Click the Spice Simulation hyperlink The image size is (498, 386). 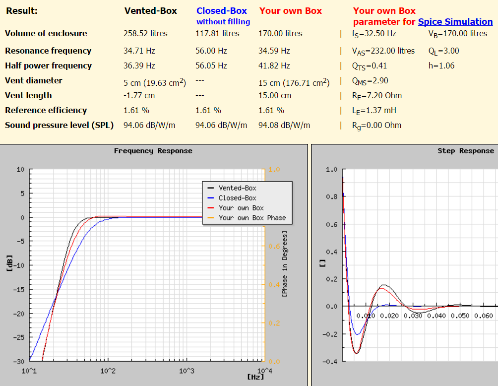[455, 22]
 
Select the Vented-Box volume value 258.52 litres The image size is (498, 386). [145, 33]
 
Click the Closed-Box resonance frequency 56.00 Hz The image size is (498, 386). [211, 51]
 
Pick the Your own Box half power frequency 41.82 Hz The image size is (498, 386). [274, 66]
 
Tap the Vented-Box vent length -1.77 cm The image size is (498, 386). [139, 95]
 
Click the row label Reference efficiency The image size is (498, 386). [46, 110]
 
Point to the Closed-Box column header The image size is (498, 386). [222, 11]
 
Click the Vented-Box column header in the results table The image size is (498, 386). [151, 11]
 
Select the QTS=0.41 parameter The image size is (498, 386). [370, 66]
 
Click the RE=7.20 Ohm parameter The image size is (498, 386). [376, 96]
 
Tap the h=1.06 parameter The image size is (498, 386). [441, 66]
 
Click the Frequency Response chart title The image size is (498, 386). [153, 151]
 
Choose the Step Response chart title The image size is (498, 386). [466, 151]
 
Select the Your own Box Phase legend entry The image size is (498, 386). [247, 218]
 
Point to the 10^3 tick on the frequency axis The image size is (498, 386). [187, 371]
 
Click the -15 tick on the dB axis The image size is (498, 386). [19, 289]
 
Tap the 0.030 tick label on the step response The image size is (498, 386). [413, 316]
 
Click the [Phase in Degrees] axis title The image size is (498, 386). [285, 263]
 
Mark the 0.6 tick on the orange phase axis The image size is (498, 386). [274, 246]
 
